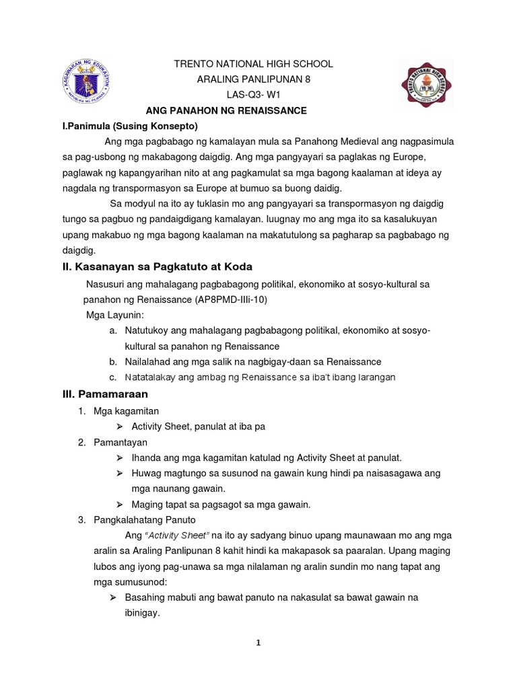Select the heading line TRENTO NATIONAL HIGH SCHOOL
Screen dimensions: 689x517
click(253, 64)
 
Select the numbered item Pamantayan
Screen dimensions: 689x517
click(120, 442)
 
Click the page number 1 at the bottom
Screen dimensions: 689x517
click(257, 643)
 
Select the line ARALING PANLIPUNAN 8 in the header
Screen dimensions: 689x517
click(253, 79)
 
